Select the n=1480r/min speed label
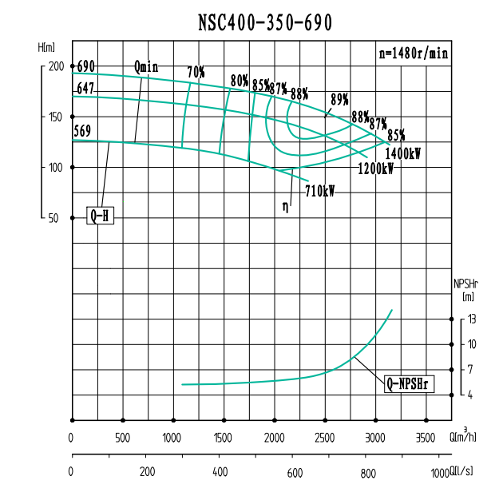coord(413,54)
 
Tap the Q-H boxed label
coord(100,215)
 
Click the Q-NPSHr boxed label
coord(408,383)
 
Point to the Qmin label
coord(146,67)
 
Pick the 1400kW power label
coord(402,153)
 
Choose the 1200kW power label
coord(375,169)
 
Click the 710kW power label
coord(320,191)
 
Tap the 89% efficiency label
coord(340,99)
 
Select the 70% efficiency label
coord(196,73)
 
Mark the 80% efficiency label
coord(240,81)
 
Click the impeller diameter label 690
coord(86,66)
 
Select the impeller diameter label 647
coord(85,88)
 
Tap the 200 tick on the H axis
coord(54,67)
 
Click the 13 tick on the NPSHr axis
coord(473,319)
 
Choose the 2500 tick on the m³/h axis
coord(325,438)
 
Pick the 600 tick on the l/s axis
coord(294,472)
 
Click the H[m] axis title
coord(46,48)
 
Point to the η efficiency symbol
coord(285,206)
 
